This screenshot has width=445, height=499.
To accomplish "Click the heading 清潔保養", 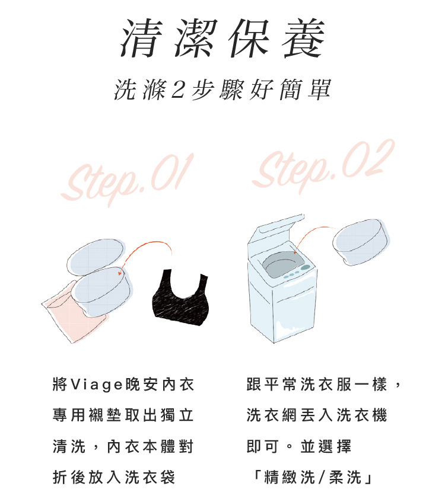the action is click(x=223, y=38).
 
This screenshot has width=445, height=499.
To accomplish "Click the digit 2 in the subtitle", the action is click(x=178, y=89).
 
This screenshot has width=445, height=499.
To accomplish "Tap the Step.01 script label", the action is click(x=128, y=180).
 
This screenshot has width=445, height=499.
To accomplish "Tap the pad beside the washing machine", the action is click(x=361, y=242).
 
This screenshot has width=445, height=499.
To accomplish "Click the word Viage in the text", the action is click(x=96, y=385).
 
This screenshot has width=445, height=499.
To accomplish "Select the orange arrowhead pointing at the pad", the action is click(x=119, y=273).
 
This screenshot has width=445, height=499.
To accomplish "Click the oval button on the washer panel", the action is click(x=305, y=267).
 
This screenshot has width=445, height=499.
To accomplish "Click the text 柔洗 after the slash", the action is click(x=345, y=477).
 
